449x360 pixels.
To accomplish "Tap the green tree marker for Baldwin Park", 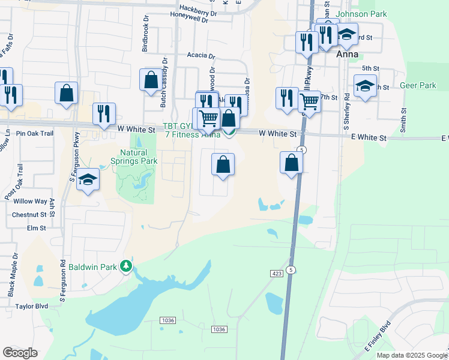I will coord(125,265).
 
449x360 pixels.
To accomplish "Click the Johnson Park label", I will coord(361,14).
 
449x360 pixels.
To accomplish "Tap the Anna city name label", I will coord(348,54).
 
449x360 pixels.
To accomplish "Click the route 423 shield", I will coord(277,274).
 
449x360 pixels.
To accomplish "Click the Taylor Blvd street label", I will coord(32,305).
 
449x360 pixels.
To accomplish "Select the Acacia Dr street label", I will coord(200,56).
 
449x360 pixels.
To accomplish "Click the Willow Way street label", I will coord(31,202).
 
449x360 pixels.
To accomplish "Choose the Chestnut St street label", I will coord(29,214).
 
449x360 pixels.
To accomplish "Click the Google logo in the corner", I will coord(20,353).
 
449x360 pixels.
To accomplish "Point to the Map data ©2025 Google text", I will coord(412,355).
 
